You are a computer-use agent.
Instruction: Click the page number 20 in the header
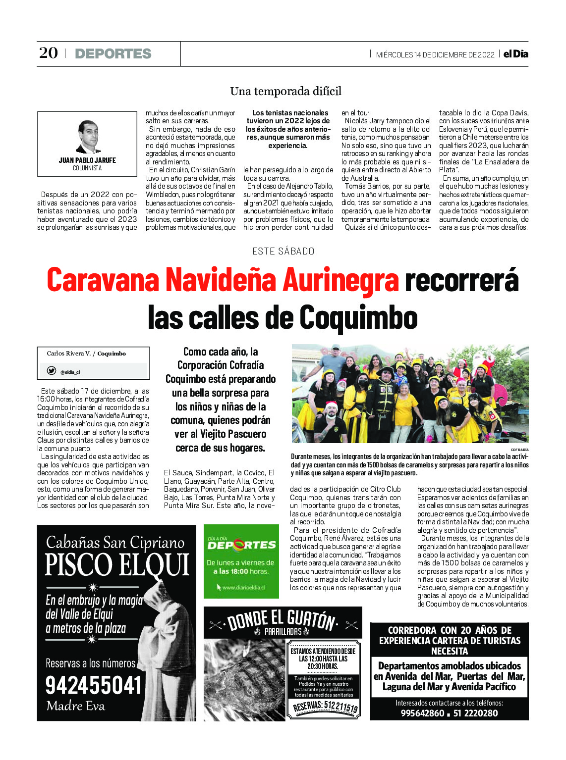point(49,53)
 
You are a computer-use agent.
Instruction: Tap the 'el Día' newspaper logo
point(515,54)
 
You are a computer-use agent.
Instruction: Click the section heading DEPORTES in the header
point(113,53)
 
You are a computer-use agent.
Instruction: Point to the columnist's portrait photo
point(88,137)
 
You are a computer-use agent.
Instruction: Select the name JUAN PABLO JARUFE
point(87,160)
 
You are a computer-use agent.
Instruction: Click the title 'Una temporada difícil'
point(285,91)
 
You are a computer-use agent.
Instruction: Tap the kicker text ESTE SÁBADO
point(283,251)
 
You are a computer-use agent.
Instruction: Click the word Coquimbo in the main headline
point(358,317)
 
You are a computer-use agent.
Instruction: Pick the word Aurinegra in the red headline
point(340,280)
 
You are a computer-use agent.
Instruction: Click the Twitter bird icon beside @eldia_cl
point(51,371)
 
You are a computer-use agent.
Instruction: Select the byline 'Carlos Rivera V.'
point(68,354)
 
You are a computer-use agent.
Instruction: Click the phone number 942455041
point(94,685)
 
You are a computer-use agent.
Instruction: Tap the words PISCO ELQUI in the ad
point(117,565)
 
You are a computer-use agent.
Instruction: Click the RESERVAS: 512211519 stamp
point(325,707)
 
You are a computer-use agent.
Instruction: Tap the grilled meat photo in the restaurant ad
point(244,679)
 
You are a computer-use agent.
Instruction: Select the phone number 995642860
point(422,713)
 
